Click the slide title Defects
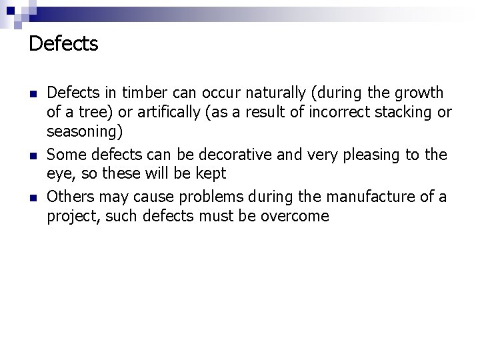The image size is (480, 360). [x=63, y=45]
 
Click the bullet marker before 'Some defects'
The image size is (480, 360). [x=33, y=155]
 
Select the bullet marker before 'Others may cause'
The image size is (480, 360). [x=33, y=197]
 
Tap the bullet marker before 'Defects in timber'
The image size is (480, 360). [x=33, y=93]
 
